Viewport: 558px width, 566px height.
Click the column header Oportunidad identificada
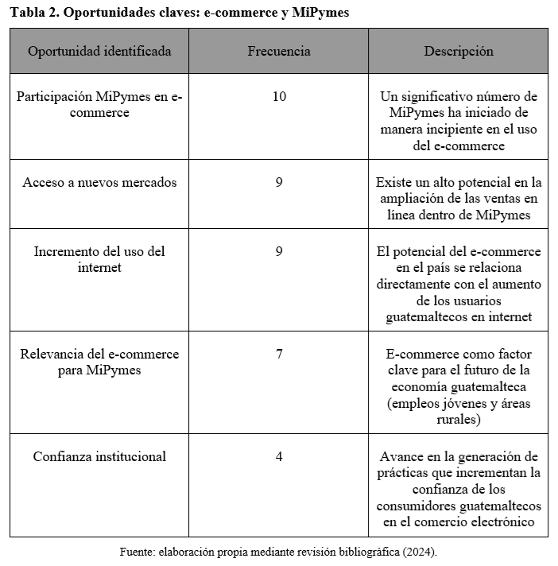coord(99,51)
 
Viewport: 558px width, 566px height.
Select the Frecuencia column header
coord(279,51)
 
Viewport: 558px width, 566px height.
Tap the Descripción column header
coord(458,51)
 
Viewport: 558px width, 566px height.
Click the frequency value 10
coord(279,96)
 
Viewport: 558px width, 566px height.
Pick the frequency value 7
coord(279,354)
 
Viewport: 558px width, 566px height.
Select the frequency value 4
coord(279,456)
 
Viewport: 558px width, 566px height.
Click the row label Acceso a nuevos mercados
coord(99,182)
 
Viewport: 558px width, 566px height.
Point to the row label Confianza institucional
coord(99,456)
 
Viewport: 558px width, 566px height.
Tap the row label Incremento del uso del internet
coord(99,259)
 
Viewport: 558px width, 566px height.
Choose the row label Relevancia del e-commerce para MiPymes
coord(99,362)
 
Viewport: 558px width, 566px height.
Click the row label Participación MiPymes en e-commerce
coord(99,104)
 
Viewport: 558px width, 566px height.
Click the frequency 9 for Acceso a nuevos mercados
coord(279,182)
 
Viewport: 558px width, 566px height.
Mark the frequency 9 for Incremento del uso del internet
coord(279,251)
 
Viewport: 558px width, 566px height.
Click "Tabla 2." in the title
coord(33,13)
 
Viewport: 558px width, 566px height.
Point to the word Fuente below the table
coord(138,551)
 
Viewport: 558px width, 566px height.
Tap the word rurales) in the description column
coord(459,420)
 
